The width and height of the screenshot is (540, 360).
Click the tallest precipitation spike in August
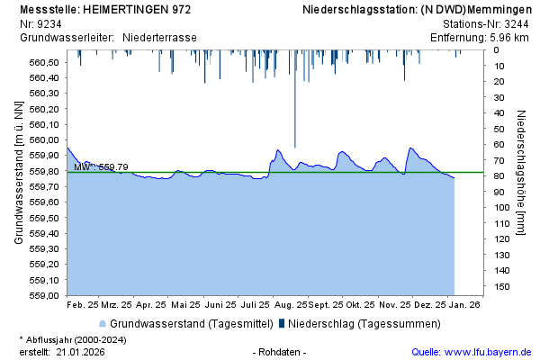point(295,99)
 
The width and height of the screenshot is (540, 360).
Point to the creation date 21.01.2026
point(80,352)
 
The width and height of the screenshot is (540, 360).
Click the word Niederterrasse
point(159,37)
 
